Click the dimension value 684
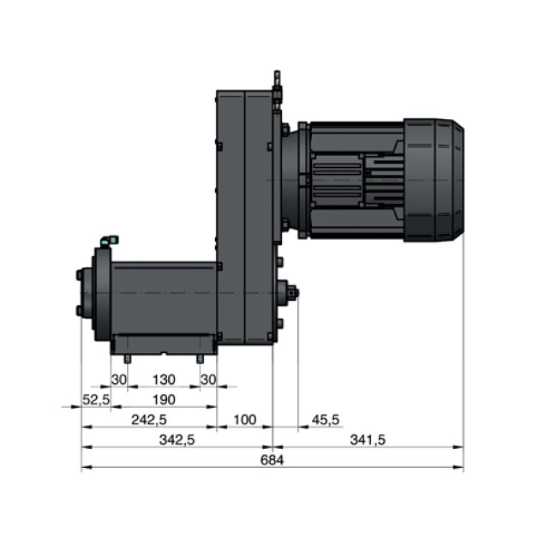pos(273,459)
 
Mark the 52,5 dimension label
pos(96,399)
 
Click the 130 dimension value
pos(164,380)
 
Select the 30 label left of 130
pos(119,380)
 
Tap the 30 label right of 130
pos(207,380)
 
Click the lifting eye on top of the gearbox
pos(277,83)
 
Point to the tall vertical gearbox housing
pos(244,214)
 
